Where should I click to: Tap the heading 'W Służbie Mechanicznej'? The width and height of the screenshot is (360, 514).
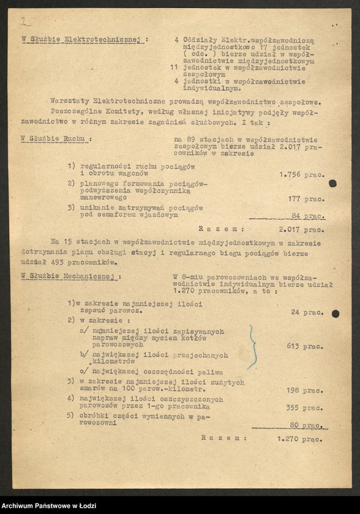pyautogui.click(x=71, y=276)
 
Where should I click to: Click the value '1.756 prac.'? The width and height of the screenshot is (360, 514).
pyautogui.click(x=302, y=174)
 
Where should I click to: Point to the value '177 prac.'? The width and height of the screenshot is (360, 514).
pyautogui.click(x=306, y=198)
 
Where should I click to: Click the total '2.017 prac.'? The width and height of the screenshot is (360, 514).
pyautogui.click(x=301, y=230)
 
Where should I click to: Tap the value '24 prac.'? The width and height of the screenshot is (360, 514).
pyautogui.click(x=308, y=312)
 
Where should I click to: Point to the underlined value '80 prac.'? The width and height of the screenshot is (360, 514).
pyautogui.click(x=308, y=424)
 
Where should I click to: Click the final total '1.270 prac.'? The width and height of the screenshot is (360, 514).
pyautogui.click(x=300, y=438)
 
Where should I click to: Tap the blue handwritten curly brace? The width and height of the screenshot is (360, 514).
pyautogui.click(x=251, y=346)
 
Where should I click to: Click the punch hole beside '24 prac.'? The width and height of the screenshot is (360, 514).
pyautogui.click(x=336, y=314)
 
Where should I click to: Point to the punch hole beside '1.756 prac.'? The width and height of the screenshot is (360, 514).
pyautogui.click(x=332, y=183)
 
